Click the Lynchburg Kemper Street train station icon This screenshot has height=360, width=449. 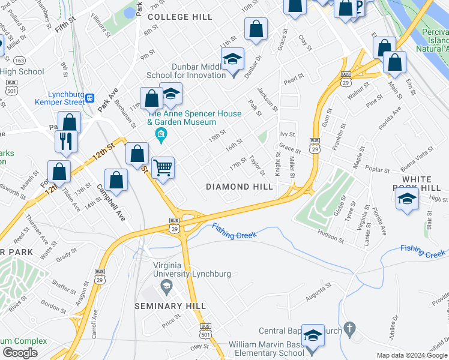[90, 98]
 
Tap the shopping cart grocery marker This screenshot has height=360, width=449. [163, 167]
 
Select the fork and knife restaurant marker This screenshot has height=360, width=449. [66, 142]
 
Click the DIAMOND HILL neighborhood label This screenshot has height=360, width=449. [240, 187]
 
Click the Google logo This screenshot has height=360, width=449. [20, 353]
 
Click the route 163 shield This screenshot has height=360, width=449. [20, 61]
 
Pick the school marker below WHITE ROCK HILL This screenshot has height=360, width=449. [408, 200]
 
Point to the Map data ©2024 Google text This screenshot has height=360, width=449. [412, 355]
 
